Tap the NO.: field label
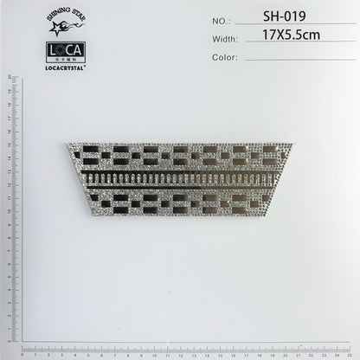click(x=222, y=19)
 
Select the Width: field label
click(x=224, y=38)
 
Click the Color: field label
click(x=224, y=57)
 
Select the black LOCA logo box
click(x=65, y=50)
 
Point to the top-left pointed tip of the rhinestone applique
click(x=67, y=144)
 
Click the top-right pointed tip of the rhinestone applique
click(x=292, y=144)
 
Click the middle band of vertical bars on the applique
click(x=180, y=179)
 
